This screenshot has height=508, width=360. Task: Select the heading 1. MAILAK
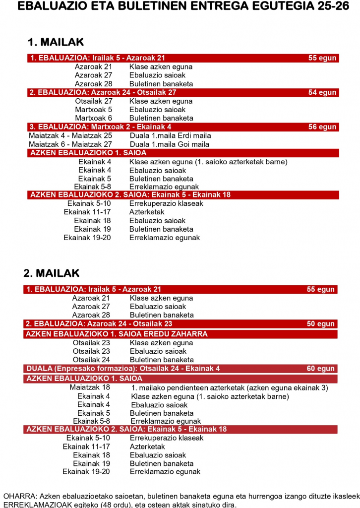(56, 42)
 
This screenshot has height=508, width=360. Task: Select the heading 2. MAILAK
(51, 273)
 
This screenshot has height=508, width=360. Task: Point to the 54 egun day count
(322, 93)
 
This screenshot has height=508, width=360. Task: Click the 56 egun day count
(322, 127)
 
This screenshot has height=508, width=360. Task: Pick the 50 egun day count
(321, 324)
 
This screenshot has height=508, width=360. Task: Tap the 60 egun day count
(321, 369)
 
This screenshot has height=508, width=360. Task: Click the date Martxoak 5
(93, 110)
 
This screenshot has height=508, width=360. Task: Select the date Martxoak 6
(93, 118)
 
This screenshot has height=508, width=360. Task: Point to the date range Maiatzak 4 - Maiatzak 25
(70, 135)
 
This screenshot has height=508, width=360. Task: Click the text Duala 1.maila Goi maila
(170, 144)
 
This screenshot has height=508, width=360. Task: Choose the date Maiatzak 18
(90, 387)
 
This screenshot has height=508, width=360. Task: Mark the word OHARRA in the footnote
(19, 496)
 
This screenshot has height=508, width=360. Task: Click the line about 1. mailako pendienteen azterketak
(230, 387)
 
